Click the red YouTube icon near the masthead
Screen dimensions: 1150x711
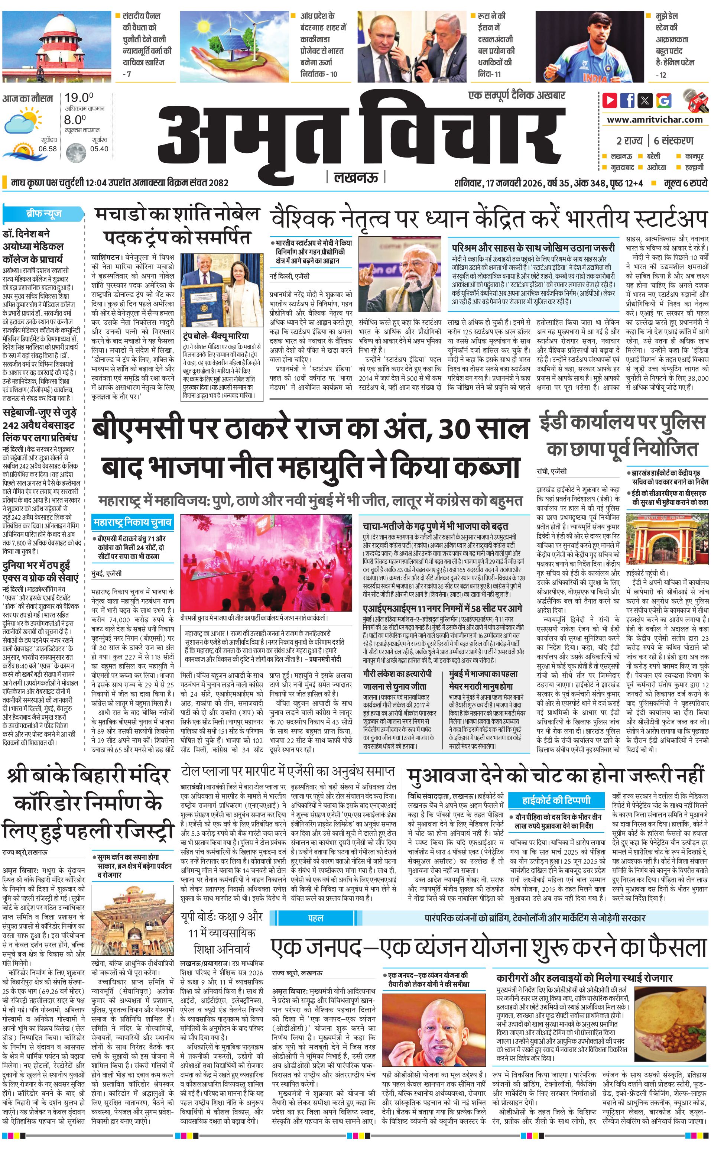click(610, 100)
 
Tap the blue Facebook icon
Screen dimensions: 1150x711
click(627, 100)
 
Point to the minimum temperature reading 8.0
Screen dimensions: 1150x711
click(75, 120)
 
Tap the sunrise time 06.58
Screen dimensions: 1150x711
click(48, 149)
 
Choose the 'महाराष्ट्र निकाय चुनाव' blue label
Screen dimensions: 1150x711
click(132, 522)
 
